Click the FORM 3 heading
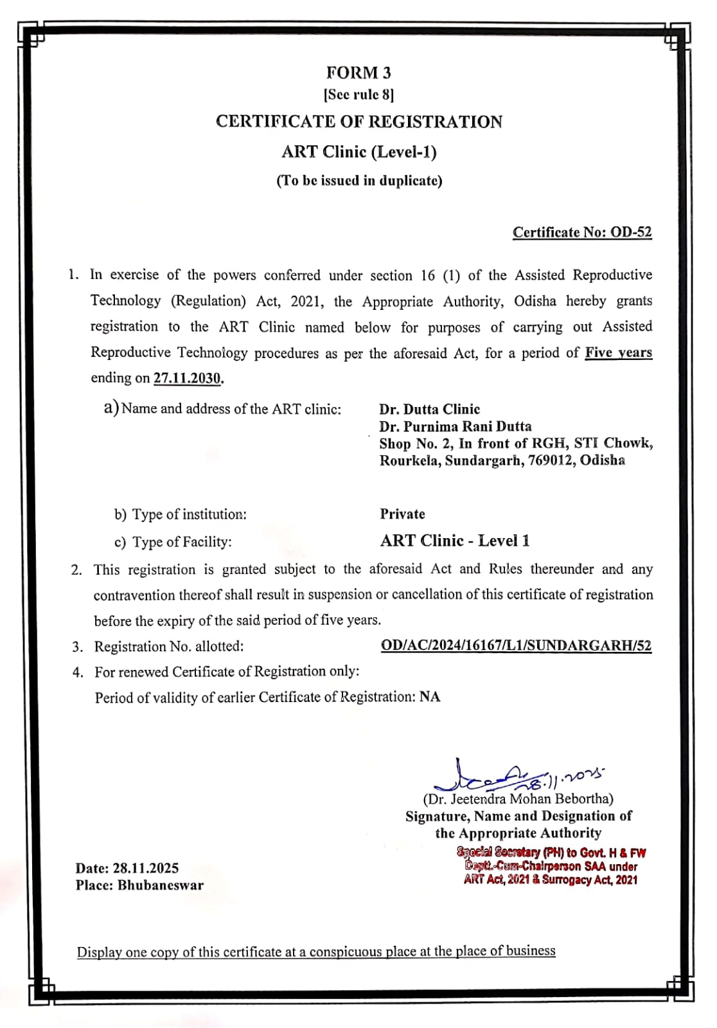[358, 73]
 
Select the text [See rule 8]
[358, 95]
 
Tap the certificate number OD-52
[631, 232]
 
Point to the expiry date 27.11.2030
[187, 378]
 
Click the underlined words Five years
[618, 352]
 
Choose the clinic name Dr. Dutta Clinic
[429, 410]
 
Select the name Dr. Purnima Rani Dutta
[455, 426]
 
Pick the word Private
[402, 514]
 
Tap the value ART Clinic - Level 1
[455, 541]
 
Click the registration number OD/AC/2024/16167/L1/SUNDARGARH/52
[516, 645]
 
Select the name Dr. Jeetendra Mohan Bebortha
[518, 799]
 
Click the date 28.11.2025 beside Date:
[146, 869]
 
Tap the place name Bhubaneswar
[161, 885]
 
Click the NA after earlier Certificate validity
[430, 697]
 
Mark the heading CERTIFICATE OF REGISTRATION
[358, 122]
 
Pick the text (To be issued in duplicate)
[359, 181]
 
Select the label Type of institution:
[189, 514]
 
